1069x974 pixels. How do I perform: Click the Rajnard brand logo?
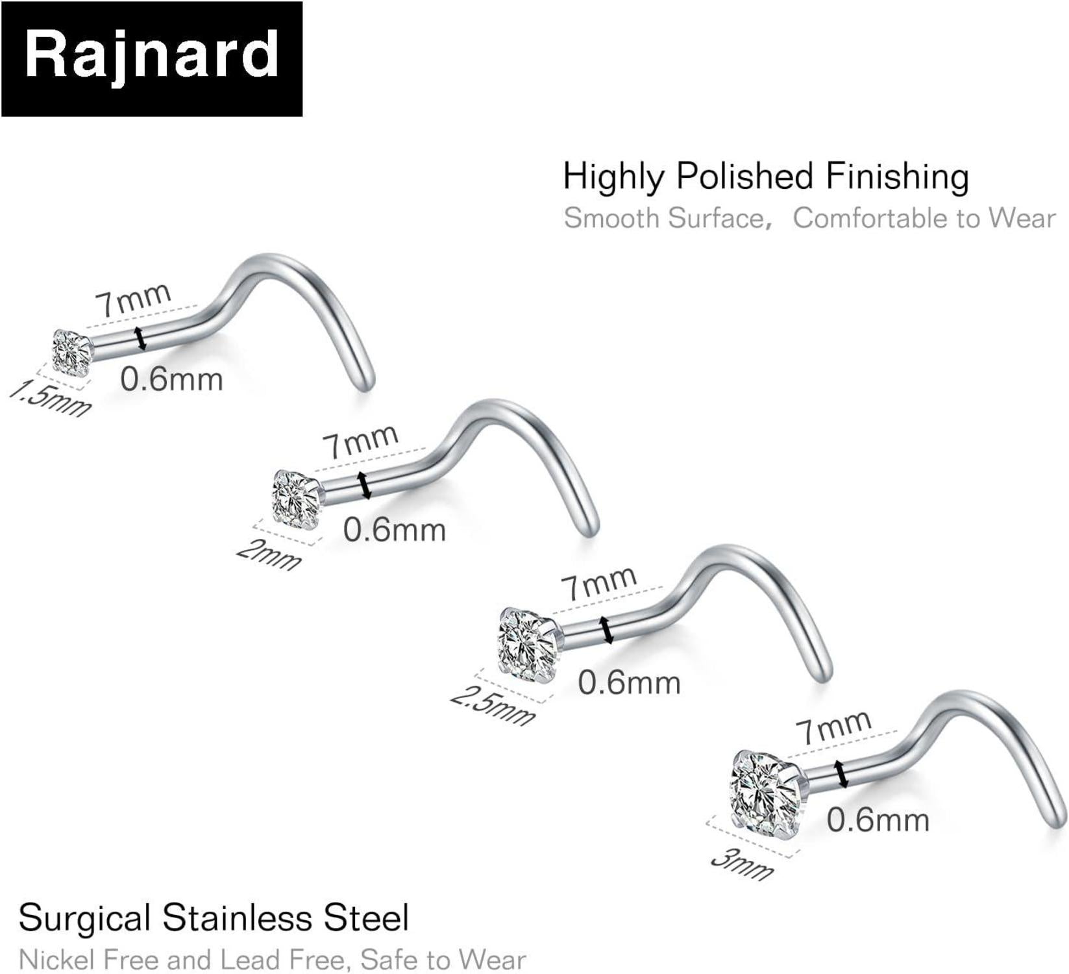pyautogui.click(x=152, y=58)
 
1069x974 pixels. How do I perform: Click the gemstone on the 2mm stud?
pyautogui.click(x=296, y=499)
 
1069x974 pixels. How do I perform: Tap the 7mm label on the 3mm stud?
pyautogui.click(x=834, y=727)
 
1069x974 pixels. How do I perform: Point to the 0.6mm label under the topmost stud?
pyautogui.click(x=171, y=379)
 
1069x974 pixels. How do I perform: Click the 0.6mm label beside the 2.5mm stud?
pyautogui.click(x=629, y=682)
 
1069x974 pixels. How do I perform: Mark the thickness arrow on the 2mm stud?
pyautogui.click(x=364, y=485)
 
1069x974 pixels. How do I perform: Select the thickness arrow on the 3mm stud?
pyautogui.click(x=842, y=773)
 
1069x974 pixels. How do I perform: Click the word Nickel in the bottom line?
pyautogui.click(x=56, y=959)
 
